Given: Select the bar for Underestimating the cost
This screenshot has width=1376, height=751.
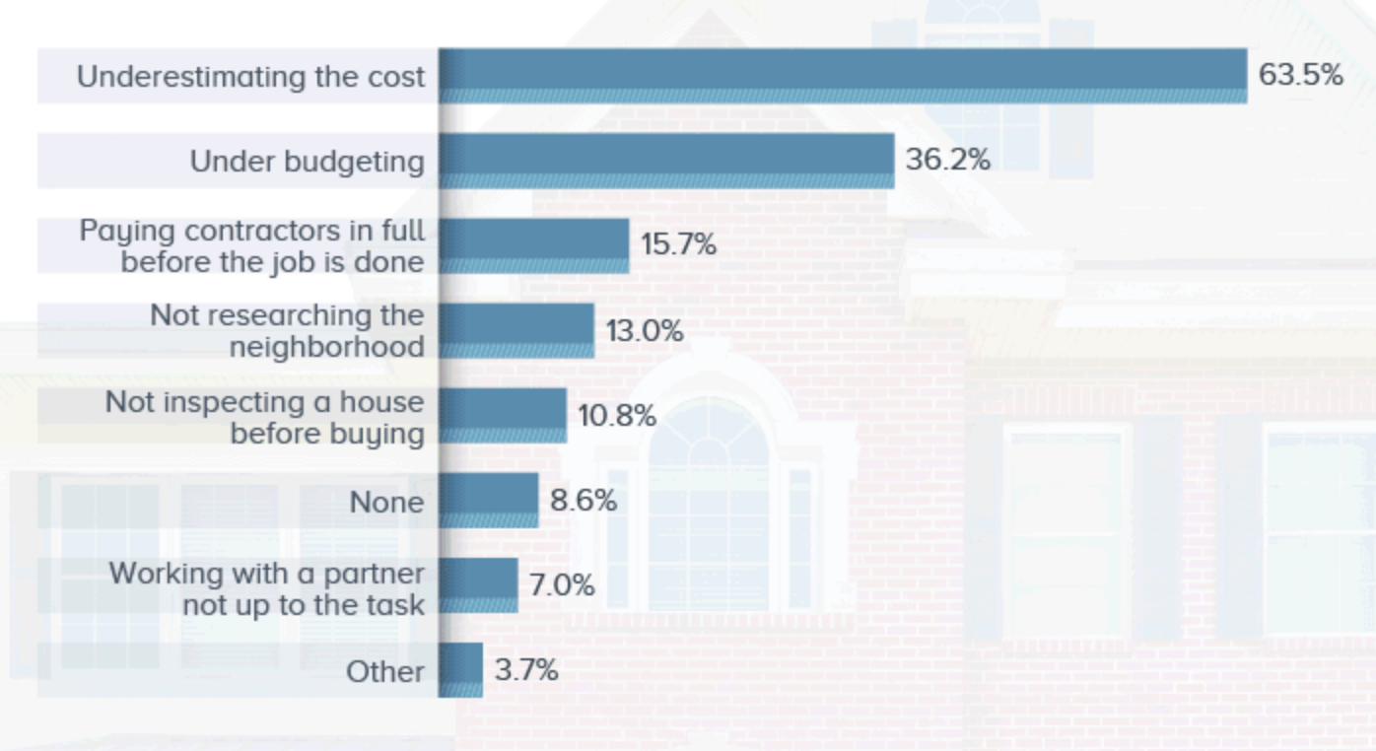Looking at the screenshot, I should (x=843, y=76).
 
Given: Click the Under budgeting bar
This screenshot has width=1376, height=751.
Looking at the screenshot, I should (x=666, y=161).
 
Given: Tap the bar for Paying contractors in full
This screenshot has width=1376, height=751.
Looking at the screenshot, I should (x=533, y=245).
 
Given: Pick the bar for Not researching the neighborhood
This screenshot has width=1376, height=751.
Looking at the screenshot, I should (x=516, y=330).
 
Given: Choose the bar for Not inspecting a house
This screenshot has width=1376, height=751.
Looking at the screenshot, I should (x=503, y=415).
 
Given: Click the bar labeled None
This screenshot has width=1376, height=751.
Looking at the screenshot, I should (x=489, y=500).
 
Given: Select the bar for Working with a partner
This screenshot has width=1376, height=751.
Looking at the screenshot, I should (x=478, y=585).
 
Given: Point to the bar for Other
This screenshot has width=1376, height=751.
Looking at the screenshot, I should (x=461, y=670).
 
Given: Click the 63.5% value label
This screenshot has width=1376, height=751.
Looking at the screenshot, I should (x=1300, y=76).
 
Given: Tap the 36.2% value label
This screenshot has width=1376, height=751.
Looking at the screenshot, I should (x=947, y=160).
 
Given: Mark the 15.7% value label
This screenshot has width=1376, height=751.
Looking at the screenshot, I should (x=678, y=244).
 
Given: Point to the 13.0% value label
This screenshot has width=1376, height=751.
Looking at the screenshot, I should (x=644, y=330).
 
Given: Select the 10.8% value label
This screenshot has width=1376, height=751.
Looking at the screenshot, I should (x=616, y=415).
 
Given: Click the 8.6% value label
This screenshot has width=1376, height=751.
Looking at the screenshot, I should (x=583, y=501).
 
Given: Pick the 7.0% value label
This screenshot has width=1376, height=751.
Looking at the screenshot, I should (x=562, y=585).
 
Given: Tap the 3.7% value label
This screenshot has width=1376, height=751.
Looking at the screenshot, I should (x=526, y=670).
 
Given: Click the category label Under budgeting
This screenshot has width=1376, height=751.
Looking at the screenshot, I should (x=307, y=161).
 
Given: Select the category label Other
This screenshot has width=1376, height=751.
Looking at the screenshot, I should (x=384, y=671).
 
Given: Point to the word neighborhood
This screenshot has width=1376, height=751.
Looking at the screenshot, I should (x=326, y=347).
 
